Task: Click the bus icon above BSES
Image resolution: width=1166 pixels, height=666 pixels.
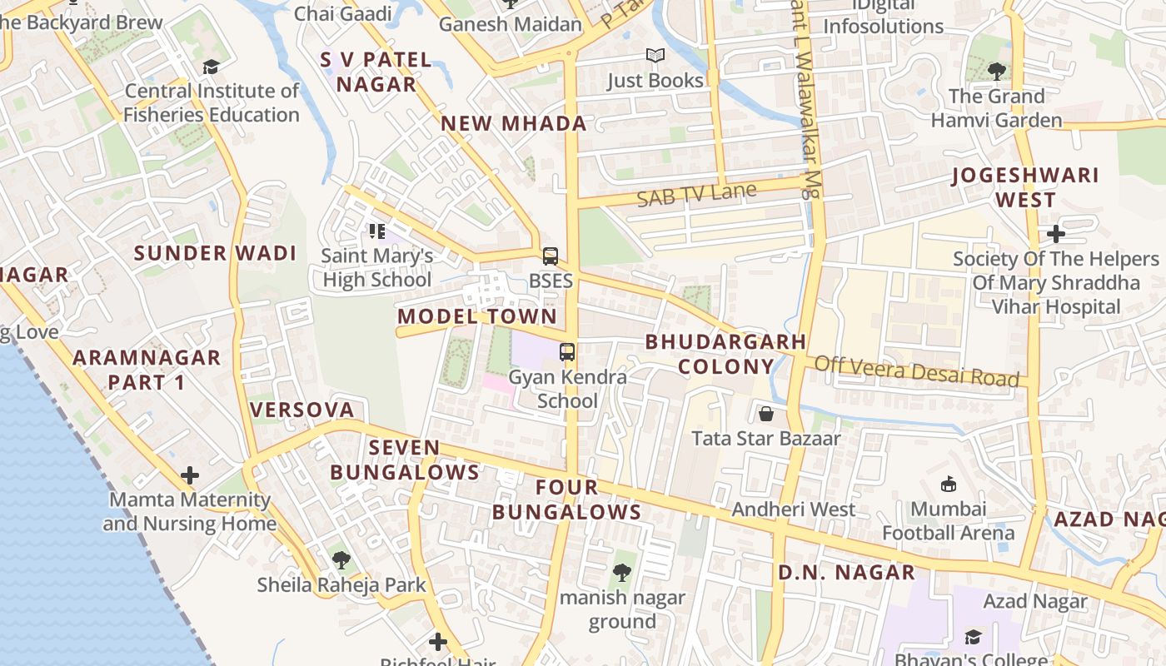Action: coord(550,256)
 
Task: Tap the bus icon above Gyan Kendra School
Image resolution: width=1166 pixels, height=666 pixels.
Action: coord(567,352)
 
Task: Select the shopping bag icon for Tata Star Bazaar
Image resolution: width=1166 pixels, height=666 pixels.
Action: coord(766,413)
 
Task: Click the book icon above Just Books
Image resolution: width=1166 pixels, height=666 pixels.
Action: coord(655,56)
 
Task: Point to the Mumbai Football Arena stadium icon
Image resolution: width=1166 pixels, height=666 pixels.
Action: coord(948,484)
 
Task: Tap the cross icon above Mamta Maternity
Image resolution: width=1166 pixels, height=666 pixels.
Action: coord(190,475)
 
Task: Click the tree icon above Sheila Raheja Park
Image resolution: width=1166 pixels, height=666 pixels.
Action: coord(341,559)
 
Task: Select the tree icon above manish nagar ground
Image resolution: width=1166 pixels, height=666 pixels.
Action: coord(621,572)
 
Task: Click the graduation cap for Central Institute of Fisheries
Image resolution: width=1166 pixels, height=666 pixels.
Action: coord(211,67)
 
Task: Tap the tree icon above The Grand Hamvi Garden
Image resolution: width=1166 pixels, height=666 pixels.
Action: coord(996,71)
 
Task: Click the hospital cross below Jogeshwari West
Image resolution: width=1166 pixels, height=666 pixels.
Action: coord(1055,234)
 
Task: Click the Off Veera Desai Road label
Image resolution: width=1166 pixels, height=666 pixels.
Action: coord(916,370)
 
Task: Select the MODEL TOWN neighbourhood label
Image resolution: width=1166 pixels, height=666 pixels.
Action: coord(477,316)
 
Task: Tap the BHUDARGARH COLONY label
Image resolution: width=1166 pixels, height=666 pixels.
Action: coord(725,354)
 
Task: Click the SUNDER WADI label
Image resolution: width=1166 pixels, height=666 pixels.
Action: coord(215,253)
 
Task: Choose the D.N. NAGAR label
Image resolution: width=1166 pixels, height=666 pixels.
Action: coord(846,572)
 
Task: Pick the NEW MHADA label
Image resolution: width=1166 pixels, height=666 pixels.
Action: coord(514,124)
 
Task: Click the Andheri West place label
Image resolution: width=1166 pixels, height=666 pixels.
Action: coord(793,509)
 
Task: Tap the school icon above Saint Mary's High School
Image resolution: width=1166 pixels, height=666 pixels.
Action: coord(376,231)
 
